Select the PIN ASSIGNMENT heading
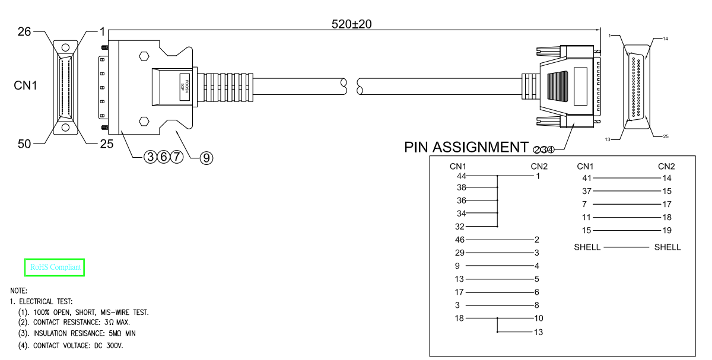[x=466, y=147]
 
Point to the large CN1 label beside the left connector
[x=26, y=86]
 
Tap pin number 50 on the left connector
[x=25, y=144]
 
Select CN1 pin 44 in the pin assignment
[x=461, y=176]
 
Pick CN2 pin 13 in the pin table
[x=538, y=332]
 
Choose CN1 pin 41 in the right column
[x=587, y=178]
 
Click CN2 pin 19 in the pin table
[x=666, y=230]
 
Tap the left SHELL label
[x=587, y=247]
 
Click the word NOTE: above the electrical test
[x=18, y=291]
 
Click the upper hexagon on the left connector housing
[x=143, y=57]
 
